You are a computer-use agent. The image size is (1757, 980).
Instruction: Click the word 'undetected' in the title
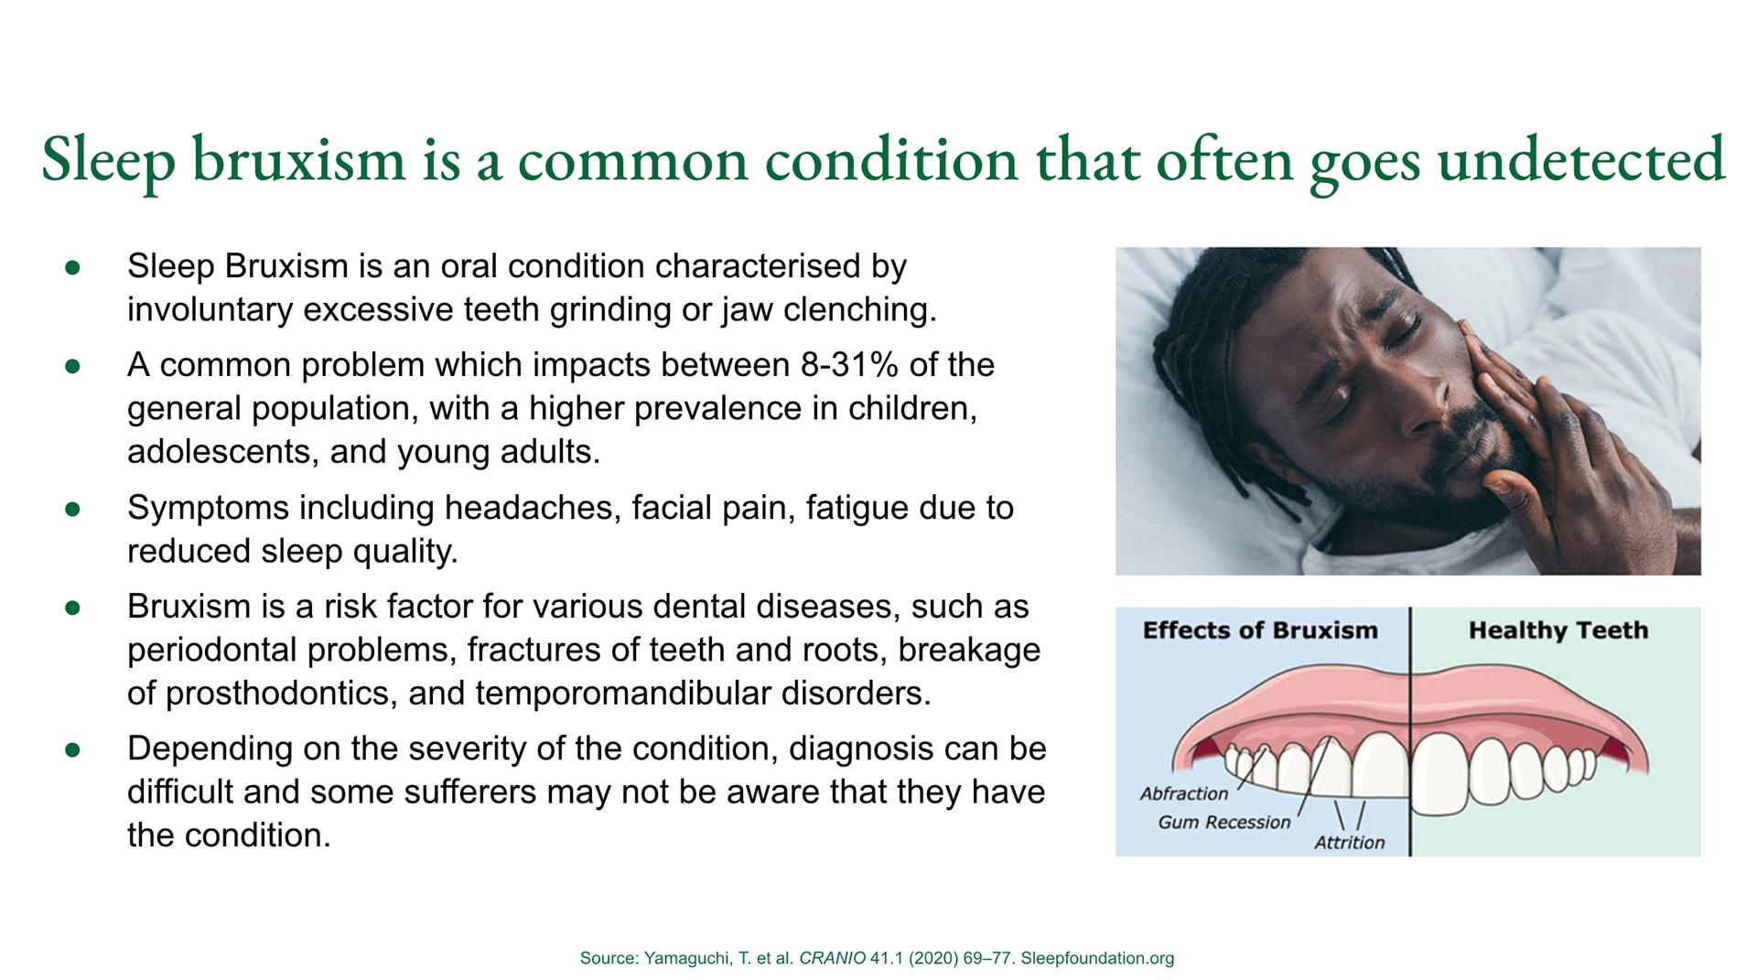click(x=1581, y=160)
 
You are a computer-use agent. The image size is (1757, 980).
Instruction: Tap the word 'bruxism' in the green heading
click(x=298, y=160)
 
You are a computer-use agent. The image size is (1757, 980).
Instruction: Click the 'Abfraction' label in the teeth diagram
click(x=1184, y=793)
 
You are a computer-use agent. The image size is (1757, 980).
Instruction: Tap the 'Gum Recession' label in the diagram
click(x=1224, y=822)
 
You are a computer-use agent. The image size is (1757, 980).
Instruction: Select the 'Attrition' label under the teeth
click(x=1350, y=842)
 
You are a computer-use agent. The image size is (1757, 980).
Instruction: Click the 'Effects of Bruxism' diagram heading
click(x=1260, y=630)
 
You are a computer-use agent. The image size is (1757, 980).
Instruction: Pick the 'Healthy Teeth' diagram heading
click(x=1558, y=630)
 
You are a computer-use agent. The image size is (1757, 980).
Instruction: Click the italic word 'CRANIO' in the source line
click(x=832, y=958)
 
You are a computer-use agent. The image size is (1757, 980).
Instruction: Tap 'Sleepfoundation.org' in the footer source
click(x=1097, y=958)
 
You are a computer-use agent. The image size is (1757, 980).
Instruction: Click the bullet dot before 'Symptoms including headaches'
click(x=73, y=509)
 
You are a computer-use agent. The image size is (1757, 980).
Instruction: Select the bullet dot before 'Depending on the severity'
click(x=73, y=750)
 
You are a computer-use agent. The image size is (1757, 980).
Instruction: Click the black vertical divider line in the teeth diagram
click(x=1410, y=732)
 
